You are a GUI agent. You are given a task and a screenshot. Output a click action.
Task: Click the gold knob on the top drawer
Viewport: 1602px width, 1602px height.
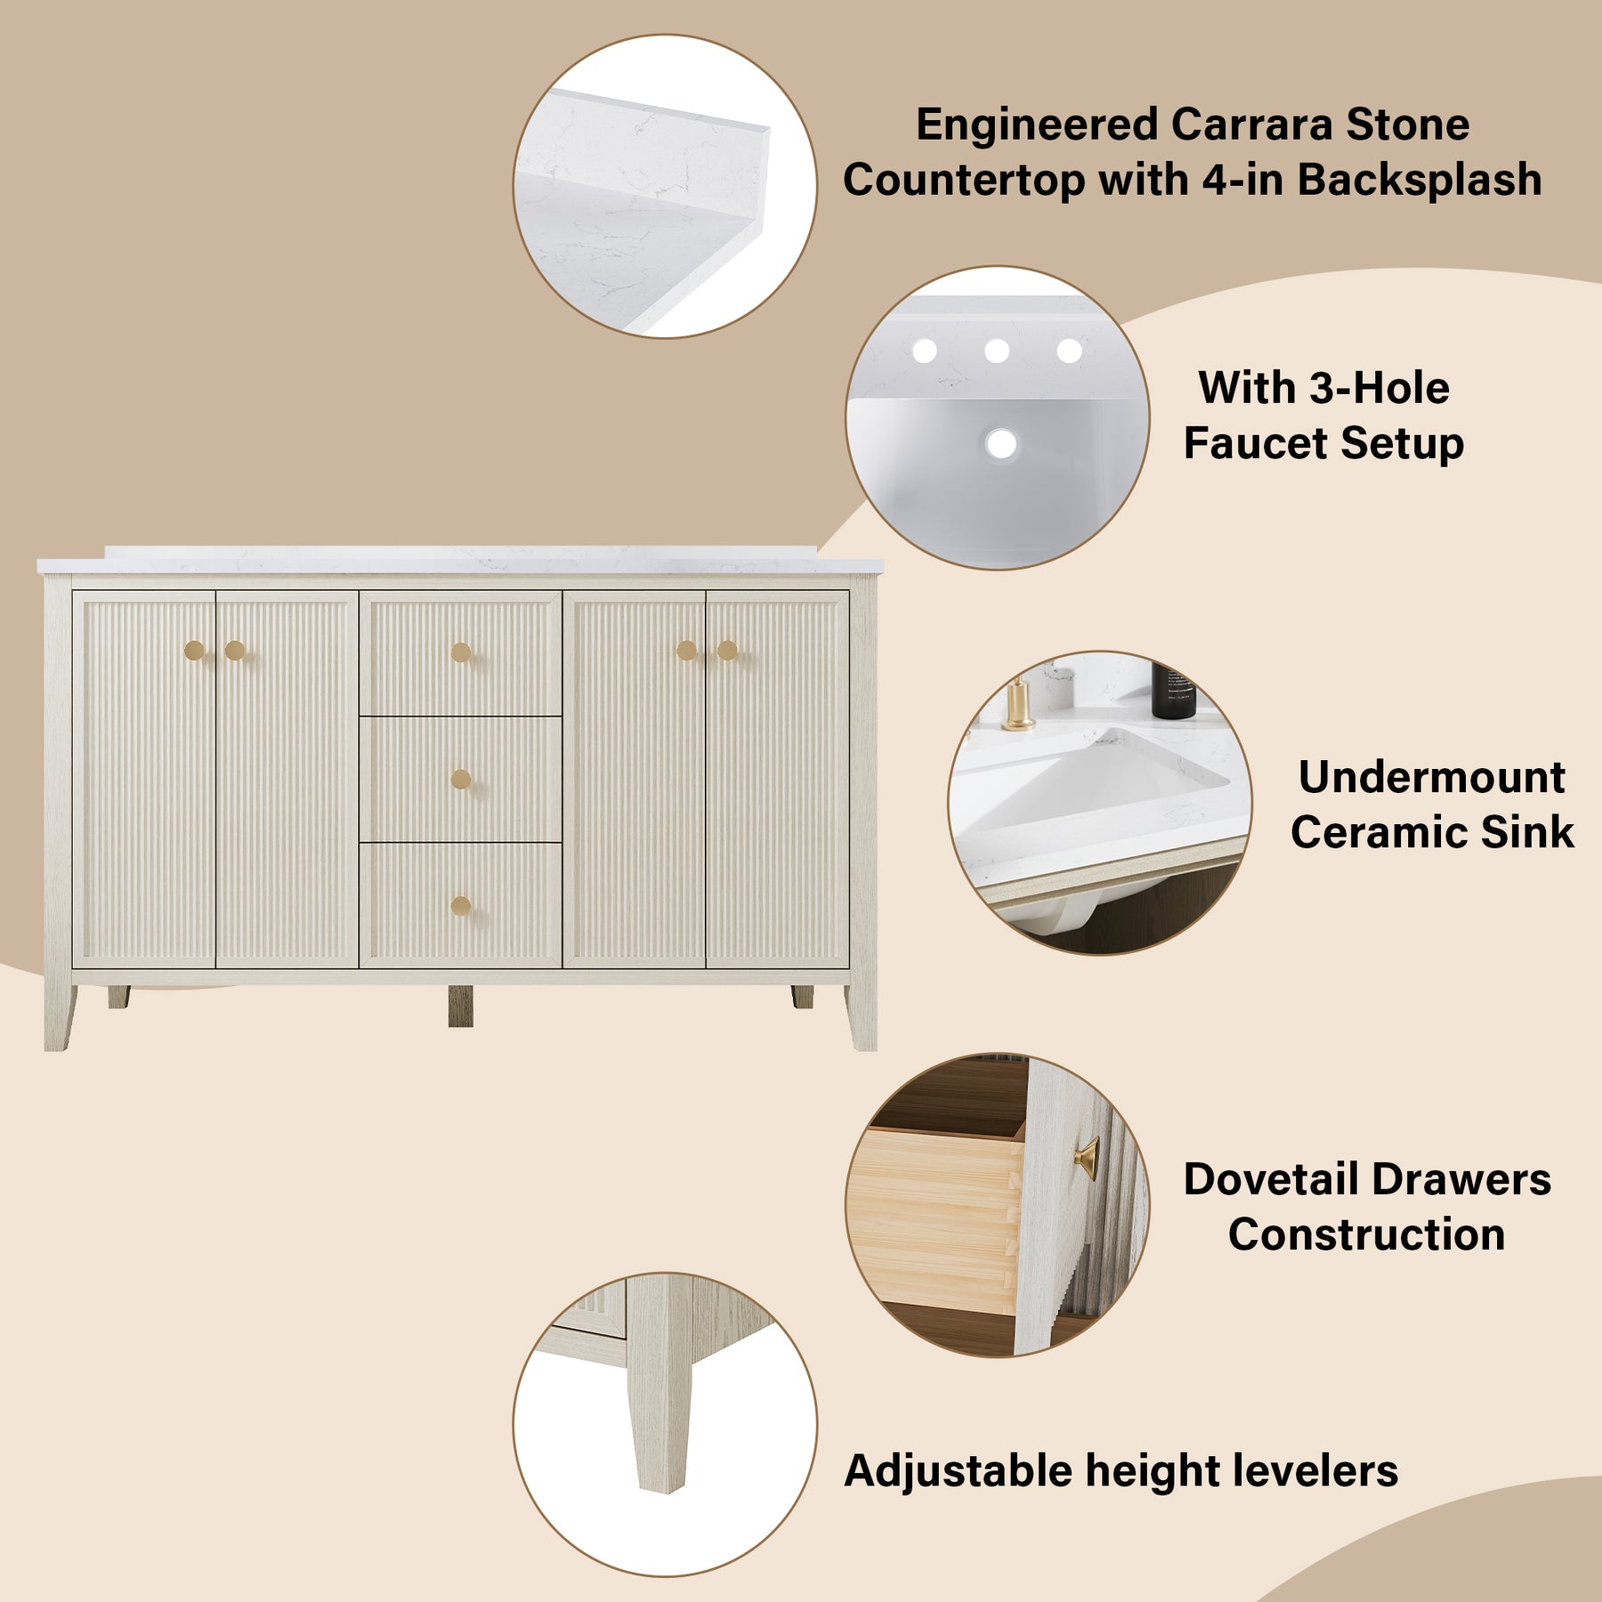460,652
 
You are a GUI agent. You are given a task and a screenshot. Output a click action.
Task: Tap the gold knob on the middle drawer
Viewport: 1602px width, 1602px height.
460,780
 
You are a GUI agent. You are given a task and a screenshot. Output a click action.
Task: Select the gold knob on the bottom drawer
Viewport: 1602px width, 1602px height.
460,907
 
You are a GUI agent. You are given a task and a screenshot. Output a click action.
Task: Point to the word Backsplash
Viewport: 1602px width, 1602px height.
1420,180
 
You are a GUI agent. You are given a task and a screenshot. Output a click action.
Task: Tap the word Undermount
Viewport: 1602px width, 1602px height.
1431,777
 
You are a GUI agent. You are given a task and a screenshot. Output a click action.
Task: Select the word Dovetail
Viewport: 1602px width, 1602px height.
1272,1179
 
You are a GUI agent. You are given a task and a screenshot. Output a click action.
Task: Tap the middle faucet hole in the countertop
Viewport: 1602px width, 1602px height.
997,351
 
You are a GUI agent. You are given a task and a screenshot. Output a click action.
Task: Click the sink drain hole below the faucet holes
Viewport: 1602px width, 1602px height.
1001,443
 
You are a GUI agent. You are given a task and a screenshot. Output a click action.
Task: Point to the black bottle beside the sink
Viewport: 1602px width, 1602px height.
1173,690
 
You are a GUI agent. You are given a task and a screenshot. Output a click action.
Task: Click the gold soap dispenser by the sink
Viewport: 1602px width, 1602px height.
1017,705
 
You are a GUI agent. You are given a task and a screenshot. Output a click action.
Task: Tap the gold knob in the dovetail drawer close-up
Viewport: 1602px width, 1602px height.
1087,1158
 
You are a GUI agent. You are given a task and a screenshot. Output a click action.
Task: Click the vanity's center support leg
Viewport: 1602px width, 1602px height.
460,1006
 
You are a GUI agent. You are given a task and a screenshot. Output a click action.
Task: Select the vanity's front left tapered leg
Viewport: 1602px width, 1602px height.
60,1017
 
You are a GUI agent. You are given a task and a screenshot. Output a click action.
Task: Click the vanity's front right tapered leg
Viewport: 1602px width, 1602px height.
862,1017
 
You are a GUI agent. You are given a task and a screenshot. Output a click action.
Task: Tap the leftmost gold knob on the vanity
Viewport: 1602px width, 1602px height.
194,651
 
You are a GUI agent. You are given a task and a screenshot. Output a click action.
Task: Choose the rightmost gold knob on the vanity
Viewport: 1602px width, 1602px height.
727,651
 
